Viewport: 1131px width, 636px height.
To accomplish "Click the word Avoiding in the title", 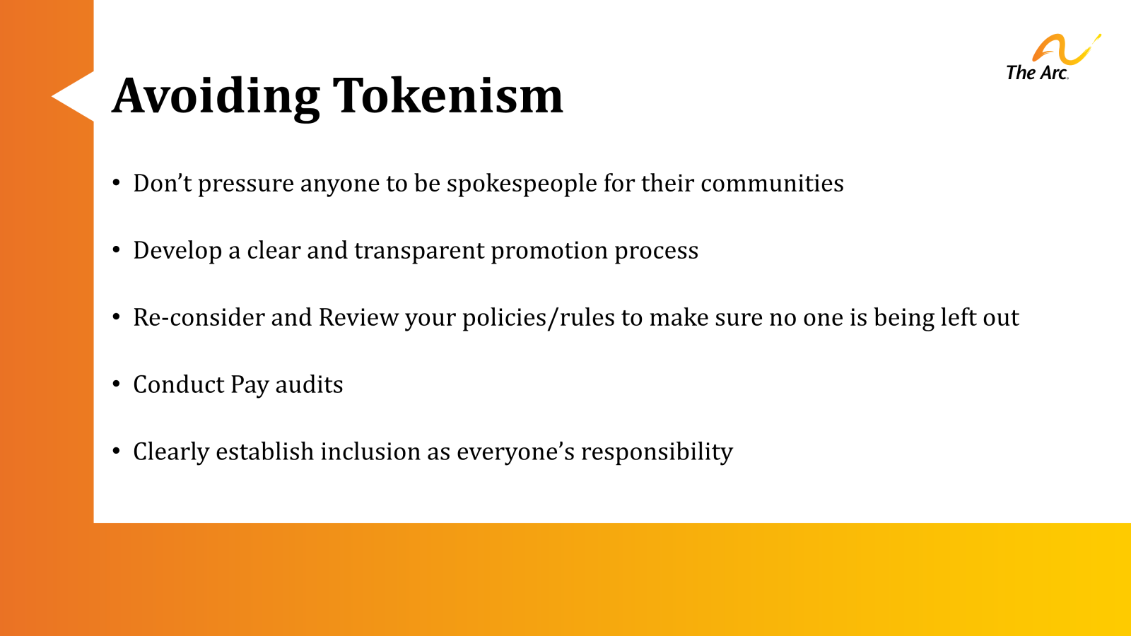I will (x=216, y=95).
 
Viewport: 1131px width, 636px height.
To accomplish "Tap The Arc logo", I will (x=1052, y=58).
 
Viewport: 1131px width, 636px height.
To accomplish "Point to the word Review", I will (x=358, y=318).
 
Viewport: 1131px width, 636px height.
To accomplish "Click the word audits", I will (x=309, y=385).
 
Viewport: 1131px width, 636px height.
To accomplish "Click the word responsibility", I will (x=657, y=452).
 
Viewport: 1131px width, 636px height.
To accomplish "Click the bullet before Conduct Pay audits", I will (x=117, y=384).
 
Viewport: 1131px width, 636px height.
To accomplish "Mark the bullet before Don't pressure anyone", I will (x=117, y=182).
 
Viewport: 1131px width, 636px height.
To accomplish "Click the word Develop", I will (x=177, y=251).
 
